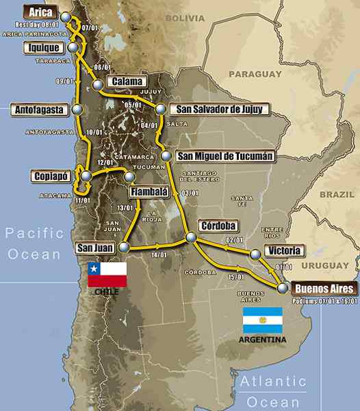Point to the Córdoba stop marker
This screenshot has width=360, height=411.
(191, 237)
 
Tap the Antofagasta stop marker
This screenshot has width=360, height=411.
(77, 109)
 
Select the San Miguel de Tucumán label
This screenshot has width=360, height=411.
(225, 156)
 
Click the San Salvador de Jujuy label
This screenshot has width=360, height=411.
(214, 109)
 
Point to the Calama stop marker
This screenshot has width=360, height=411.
(99, 85)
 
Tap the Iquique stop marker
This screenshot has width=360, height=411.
(73, 47)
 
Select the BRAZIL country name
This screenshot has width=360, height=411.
(337, 194)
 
